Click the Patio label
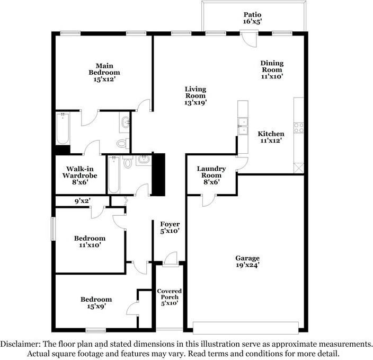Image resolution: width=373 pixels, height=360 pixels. [x=252, y=15]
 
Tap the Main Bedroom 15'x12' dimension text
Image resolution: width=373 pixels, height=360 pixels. [x=104, y=80]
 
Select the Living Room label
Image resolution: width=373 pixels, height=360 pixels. [x=196, y=92]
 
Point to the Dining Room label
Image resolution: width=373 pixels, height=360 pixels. [x=272, y=66]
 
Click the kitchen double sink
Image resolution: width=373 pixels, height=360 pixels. [x=243, y=126]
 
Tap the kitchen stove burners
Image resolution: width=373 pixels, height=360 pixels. [x=299, y=128]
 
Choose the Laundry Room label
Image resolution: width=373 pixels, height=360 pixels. [x=211, y=172]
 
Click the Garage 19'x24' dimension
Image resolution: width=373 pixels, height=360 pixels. [x=247, y=265]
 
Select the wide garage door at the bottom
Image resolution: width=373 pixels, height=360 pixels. [x=246, y=328]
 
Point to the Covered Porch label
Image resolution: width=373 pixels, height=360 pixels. [x=170, y=294]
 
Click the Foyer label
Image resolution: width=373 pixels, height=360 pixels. [x=170, y=224]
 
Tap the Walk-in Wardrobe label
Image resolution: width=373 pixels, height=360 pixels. [x=80, y=172]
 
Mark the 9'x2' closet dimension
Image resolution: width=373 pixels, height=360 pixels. [x=82, y=201]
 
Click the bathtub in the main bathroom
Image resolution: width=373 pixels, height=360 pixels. [x=63, y=128]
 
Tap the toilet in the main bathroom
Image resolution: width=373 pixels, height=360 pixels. [x=123, y=143]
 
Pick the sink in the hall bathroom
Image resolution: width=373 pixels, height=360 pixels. [x=144, y=160]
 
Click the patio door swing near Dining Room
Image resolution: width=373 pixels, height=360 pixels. [x=250, y=40]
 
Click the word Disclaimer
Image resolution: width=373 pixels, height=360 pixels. [x=20, y=344]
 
